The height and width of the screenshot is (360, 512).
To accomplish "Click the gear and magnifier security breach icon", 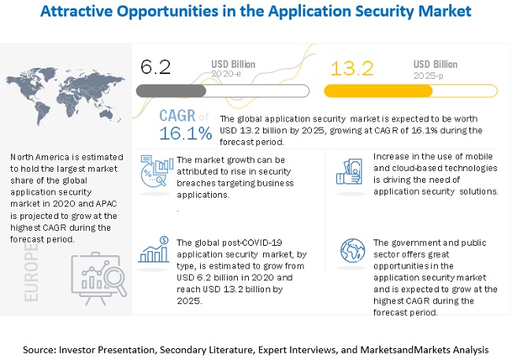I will (156, 171).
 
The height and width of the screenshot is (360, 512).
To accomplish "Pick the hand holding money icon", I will (347, 170).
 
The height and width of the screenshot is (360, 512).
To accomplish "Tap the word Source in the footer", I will (42, 348).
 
